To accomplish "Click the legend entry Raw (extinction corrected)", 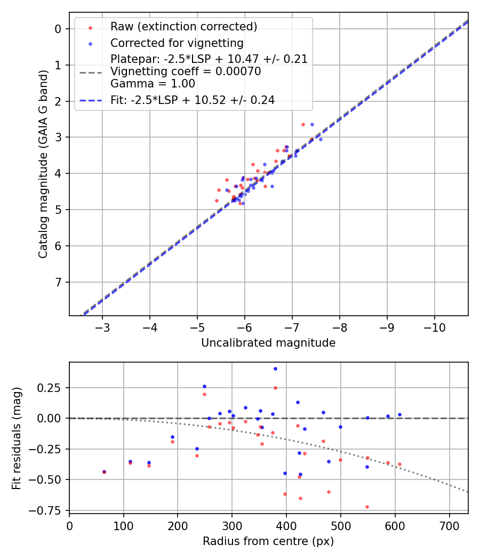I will click(183, 27).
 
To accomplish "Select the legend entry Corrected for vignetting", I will click(177, 43).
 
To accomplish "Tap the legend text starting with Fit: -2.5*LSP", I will click(193, 100).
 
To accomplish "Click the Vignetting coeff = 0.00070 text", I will click(186, 71).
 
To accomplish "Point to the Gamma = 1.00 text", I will click(153, 84).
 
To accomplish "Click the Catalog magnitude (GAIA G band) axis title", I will click(44, 164).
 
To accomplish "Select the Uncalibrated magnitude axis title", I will click(268, 343).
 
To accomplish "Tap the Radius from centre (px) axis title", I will click(268, 541).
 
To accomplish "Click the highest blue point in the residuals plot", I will click(275, 369).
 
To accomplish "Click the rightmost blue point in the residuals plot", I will click(399, 414).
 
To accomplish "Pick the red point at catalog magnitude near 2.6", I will click(303, 124).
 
